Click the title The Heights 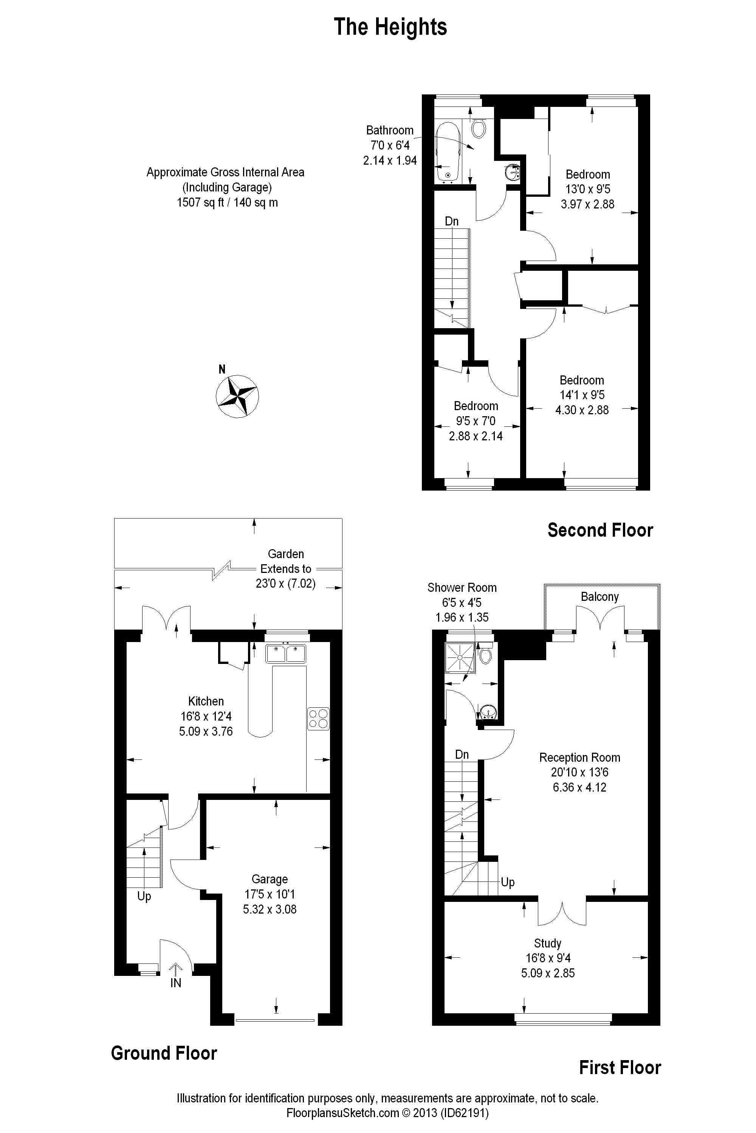coord(390,27)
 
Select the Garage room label coord(270,879)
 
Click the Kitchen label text coord(206,701)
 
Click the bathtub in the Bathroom coord(448,153)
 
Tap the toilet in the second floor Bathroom coord(478,127)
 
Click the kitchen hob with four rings coord(319,718)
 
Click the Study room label coord(548,943)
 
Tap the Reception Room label coord(579,757)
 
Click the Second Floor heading coord(600,530)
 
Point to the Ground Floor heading coord(164,1054)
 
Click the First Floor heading coord(620,1068)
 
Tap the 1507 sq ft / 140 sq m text coord(228,202)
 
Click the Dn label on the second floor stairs coord(452,221)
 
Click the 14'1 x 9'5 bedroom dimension coord(582,395)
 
